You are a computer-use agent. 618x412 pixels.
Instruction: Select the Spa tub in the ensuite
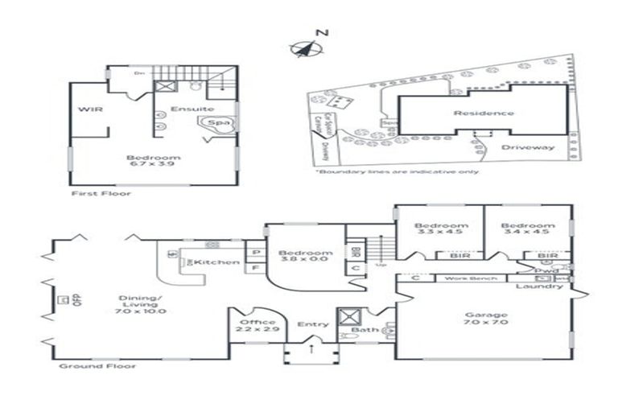(x=217, y=123)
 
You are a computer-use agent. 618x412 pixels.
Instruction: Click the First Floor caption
(x=101, y=193)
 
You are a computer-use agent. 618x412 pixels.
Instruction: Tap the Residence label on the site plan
(x=483, y=113)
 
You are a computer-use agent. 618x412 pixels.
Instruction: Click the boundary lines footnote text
(x=397, y=171)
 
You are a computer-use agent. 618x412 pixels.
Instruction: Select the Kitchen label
(x=221, y=262)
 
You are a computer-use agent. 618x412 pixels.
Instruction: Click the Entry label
(x=312, y=324)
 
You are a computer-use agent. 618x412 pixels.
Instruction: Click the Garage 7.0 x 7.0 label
(x=485, y=319)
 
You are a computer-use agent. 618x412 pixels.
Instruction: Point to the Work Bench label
(x=464, y=278)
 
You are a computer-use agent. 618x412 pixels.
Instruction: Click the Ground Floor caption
(x=97, y=366)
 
